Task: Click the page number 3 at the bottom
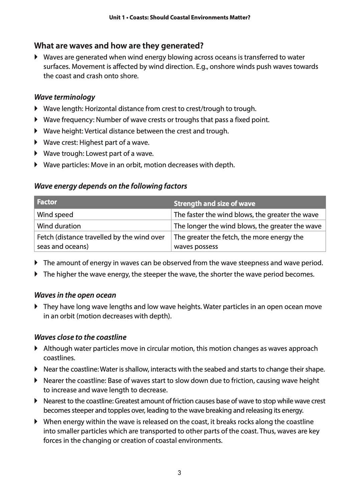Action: [179, 473]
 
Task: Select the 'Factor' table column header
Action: [47, 202]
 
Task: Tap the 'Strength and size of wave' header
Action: [214, 204]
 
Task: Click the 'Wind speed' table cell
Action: [55, 215]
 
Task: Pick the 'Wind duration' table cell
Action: [59, 226]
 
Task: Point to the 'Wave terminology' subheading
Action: [65, 97]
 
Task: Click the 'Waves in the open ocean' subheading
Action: [75, 295]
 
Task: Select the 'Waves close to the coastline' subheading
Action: [80, 337]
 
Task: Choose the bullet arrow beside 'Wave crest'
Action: [36, 142]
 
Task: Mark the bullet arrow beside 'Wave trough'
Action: [36, 154]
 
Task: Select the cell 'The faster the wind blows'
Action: [246, 215]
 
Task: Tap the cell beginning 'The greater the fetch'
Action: [239, 242]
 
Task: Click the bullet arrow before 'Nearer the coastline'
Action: [36, 381]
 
